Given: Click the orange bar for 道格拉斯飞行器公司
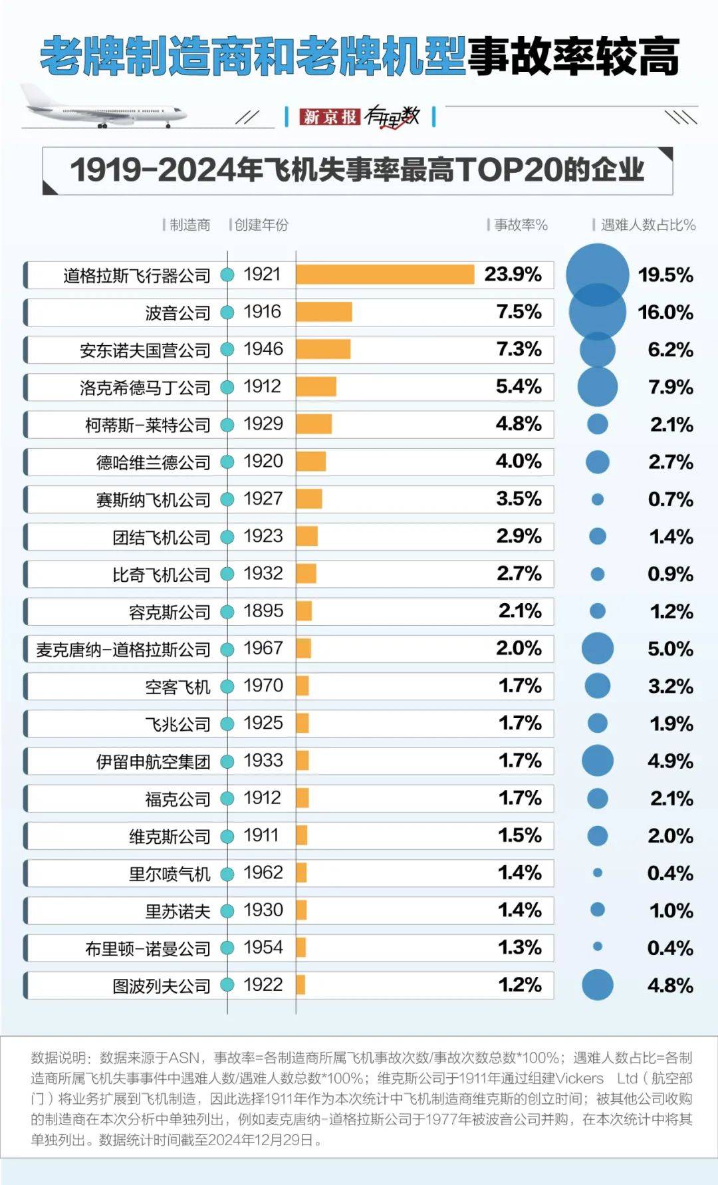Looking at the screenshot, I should click(x=385, y=274).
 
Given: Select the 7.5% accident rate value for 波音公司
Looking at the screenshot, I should click(x=519, y=312).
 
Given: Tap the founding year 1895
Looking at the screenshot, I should click(x=263, y=610).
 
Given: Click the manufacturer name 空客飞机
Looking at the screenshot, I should click(x=178, y=686).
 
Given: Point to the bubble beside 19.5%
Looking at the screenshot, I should click(x=597, y=275).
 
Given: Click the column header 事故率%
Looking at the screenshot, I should click(x=521, y=225).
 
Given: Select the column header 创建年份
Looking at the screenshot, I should click(x=261, y=225).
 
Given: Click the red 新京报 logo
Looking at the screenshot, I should click(x=330, y=117).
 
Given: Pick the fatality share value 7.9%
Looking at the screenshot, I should click(x=670, y=387).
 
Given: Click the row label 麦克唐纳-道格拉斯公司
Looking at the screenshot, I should click(x=123, y=649).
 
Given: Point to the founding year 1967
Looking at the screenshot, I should click(x=263, y=648).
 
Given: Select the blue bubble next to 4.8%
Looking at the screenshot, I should click(x=597, y=985).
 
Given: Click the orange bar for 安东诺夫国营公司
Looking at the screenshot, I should click(x=323, y=349).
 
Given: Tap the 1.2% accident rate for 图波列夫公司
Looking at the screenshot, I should click(x=520, y=985).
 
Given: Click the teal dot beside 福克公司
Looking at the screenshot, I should click(x=227, y=798).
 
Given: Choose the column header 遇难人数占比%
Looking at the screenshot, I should click(x=648, y=225).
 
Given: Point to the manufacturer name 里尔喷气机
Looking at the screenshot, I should click(x=170, y=873).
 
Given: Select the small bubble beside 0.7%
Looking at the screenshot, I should click(x=597, y=499).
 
